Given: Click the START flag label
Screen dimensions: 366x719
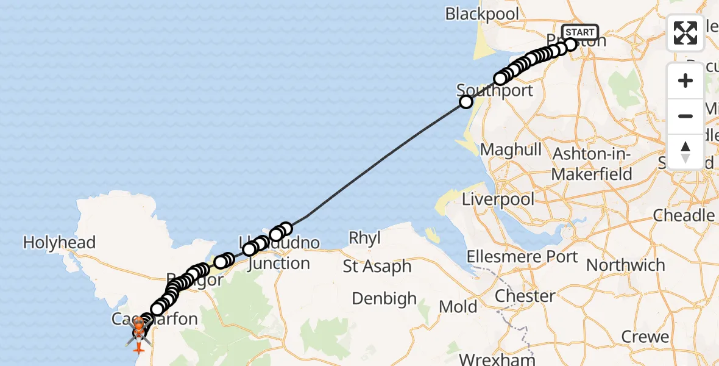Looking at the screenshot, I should [x=579, y=32].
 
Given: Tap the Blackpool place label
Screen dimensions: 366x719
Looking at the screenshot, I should [x=482, y=14].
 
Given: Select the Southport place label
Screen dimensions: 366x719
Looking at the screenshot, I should [x=495, y=91].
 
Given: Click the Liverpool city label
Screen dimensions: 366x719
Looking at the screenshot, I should [x=498, y=199].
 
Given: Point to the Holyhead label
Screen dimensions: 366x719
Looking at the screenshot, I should [x=59, y=243].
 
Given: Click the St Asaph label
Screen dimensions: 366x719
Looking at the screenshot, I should [x=377, y=267].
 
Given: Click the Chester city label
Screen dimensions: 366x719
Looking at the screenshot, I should [x=525, y=296].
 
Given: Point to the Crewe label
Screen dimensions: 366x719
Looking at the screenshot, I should [x=645, y=337].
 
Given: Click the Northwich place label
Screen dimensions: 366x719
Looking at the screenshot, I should [x=625, y=265].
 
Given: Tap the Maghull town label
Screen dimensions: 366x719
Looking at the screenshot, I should [x=511, y=149].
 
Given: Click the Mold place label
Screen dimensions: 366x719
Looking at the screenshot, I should [x=458, y=306].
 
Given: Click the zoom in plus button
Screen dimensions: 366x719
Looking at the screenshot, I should [x=685, y=81].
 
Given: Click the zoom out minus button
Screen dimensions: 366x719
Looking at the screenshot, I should [x=685, y=116].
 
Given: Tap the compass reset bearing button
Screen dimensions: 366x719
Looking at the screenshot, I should [x=685, y=151].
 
